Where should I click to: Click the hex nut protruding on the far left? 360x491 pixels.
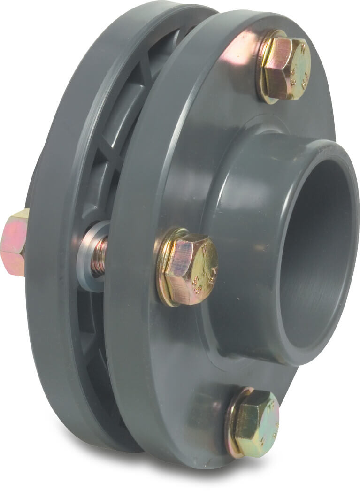[14, 242]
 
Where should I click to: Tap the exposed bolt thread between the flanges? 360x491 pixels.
[99, 256]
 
